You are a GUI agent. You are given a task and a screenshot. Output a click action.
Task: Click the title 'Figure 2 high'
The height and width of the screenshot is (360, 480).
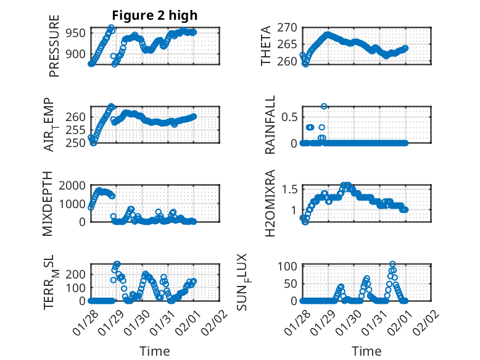tap(154, 15)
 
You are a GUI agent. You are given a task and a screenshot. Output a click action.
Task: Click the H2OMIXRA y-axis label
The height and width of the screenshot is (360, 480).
tap(270, 204)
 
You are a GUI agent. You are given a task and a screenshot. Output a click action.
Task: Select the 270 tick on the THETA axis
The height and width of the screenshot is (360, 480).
tap(289, 27)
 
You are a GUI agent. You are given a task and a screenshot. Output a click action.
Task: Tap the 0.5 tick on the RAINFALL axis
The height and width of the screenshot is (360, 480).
tap(289, 116)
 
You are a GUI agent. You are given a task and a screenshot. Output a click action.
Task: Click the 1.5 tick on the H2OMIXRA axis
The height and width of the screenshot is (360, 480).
tap(289, 189)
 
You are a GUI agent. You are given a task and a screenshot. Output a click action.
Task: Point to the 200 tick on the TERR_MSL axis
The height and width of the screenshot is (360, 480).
tap(77, 274)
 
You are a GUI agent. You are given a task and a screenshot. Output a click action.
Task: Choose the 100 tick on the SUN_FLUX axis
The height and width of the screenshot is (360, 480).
tap(289, 266)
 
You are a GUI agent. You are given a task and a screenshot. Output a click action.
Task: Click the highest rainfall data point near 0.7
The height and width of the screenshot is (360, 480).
tap(324, 106)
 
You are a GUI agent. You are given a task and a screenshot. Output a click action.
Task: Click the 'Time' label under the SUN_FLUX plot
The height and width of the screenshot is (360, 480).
tap(366, 351)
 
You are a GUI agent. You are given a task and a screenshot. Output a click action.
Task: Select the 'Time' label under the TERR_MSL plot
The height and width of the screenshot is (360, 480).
tap(155, 351)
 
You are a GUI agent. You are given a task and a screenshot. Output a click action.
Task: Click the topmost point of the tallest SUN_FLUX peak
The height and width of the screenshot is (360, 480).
tap(392, 264)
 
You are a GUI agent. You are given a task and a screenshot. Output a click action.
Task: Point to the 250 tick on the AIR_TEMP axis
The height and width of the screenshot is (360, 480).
tap(77, 143)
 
